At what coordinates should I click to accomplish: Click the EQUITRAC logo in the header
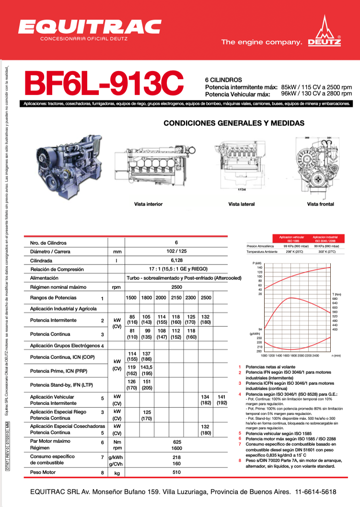pyautogui.click(x=90, y=27)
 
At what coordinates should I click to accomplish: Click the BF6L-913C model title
pyautogui.click(x=104, y=84)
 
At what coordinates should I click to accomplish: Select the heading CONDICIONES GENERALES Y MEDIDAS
pyautogui.click(x=234, y=123)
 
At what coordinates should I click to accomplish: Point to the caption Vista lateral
pyautogui.click(x=241, y=204)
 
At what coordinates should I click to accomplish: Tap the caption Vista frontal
pyautogui.click(x=320, y=204)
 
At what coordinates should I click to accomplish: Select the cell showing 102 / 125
pyautogui.click(x=176, y=251)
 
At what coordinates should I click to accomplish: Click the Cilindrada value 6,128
pyautogui.click(x=176, y=260)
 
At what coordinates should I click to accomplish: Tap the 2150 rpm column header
pyautogui.click(x=176, y=298)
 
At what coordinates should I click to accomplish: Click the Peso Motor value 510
pyautogui.click(x=176, y=472)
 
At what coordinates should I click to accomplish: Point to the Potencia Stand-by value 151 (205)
pyautogui.click(x=147, y=385)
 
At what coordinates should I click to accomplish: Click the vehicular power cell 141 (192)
pyautogui.click(x=221, y=400)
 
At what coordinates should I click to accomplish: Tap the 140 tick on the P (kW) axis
pyautogui.click(x=259, y=267)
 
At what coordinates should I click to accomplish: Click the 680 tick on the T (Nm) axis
pyautogui.click(x=335, y=299)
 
